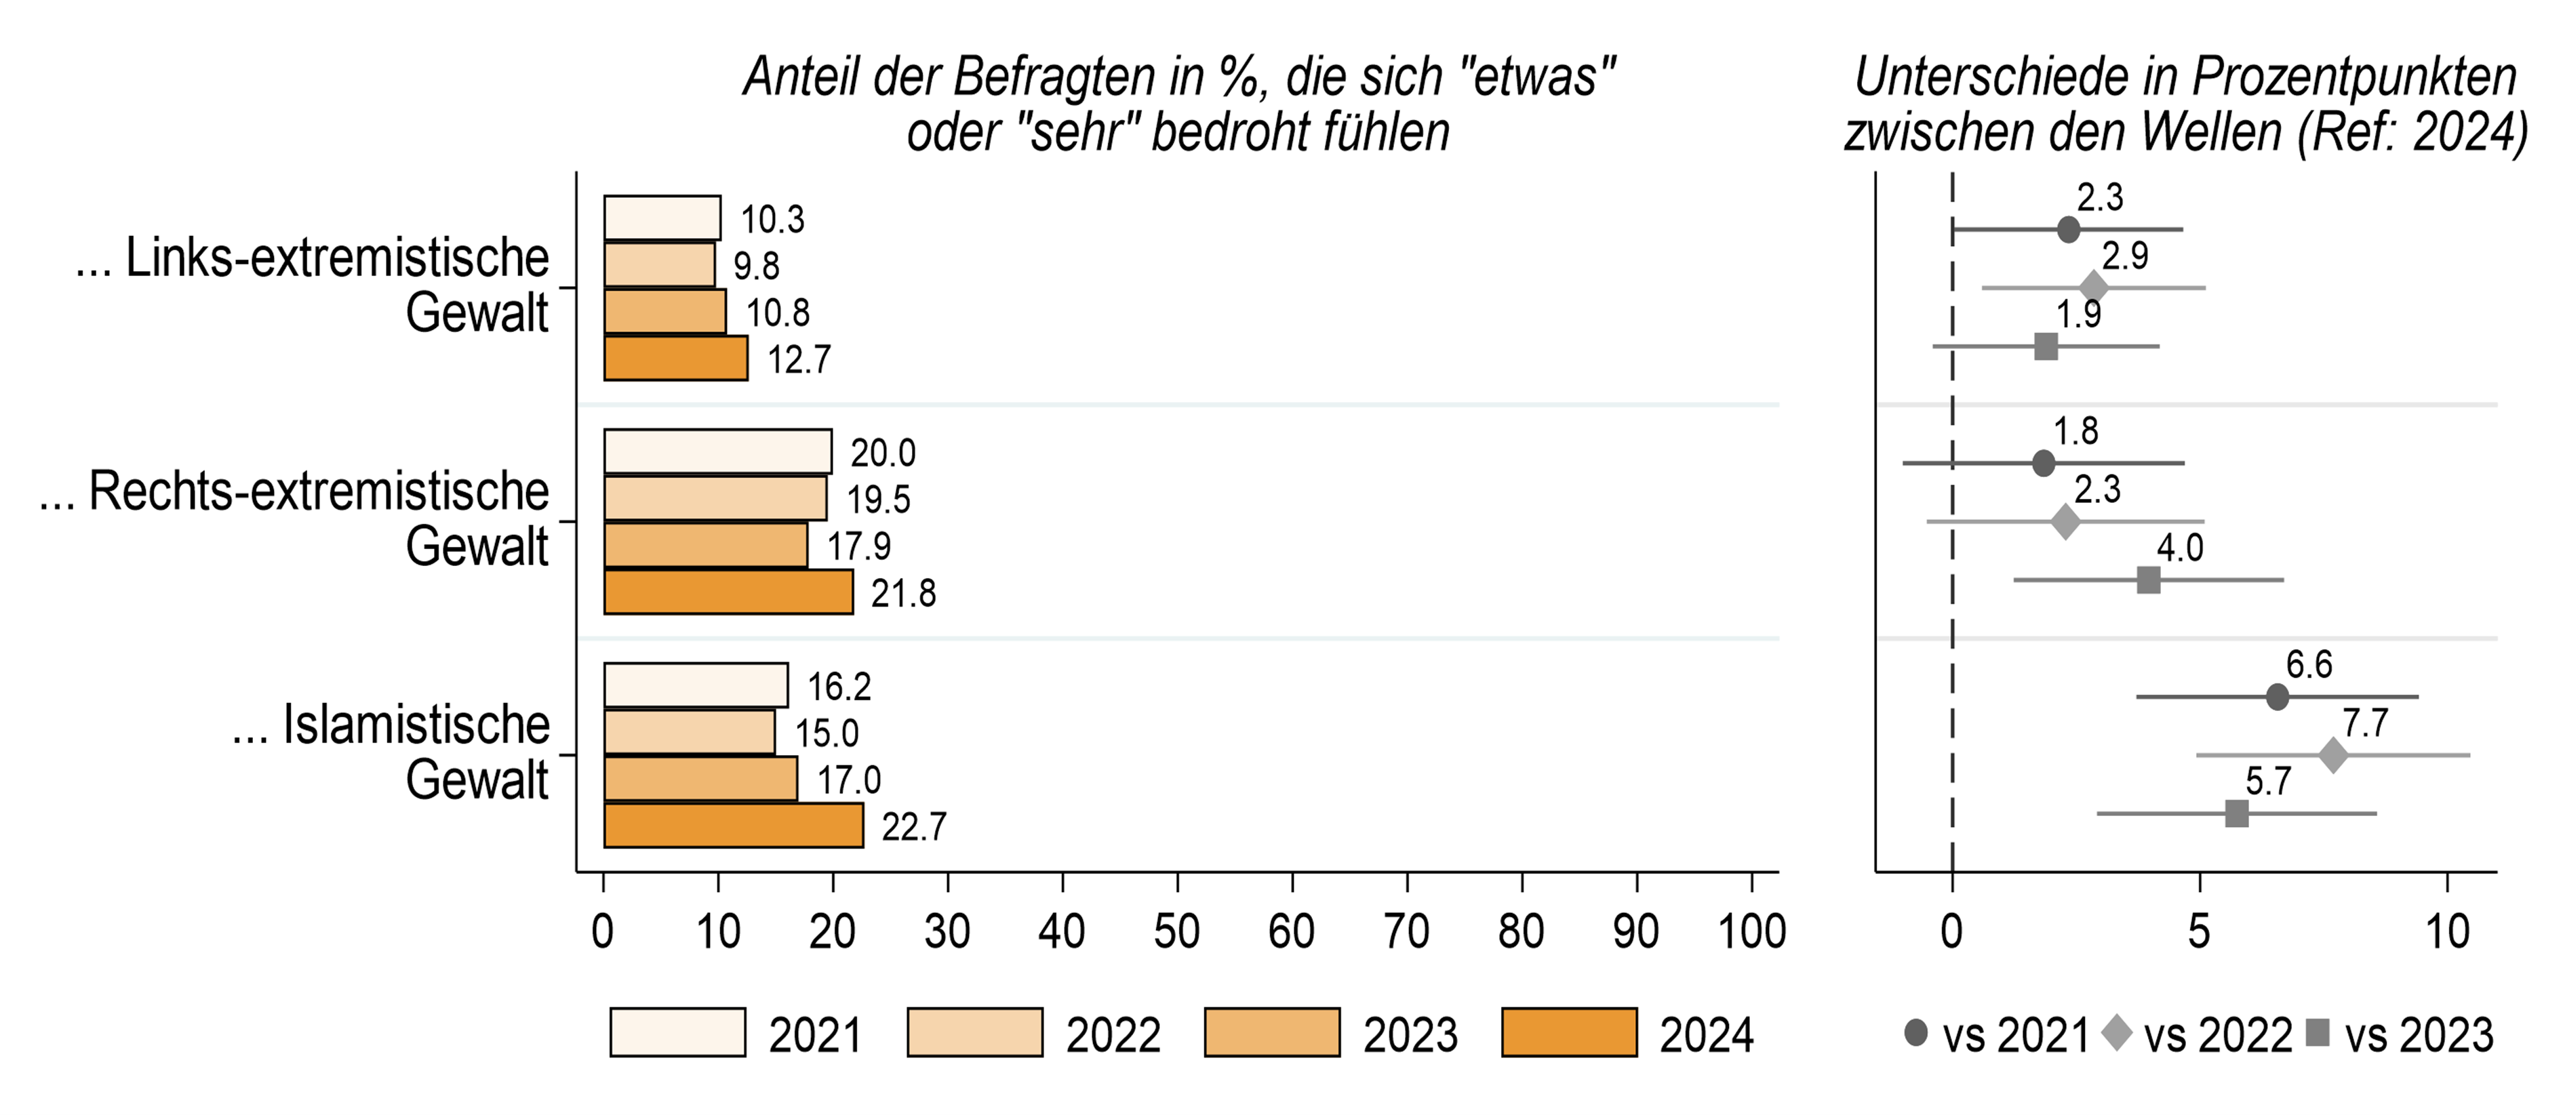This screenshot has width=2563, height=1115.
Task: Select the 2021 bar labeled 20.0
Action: [717, 451]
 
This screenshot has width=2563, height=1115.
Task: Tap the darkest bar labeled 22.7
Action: [733, 826]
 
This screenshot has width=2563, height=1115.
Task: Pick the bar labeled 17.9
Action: [705, 545]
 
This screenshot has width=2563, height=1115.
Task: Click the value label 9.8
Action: [756, 266]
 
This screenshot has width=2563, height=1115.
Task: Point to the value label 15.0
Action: [826, 733]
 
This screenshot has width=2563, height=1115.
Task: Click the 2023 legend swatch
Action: [1271, 1032]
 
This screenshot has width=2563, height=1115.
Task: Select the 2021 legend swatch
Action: [677, 1032]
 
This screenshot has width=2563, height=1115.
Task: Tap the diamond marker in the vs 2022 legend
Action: [2116, 1032]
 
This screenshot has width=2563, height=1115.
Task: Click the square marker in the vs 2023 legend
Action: [2318, 1032]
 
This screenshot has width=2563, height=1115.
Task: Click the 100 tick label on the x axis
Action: [1752, 932]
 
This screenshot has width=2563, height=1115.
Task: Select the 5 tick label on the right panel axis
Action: [2199, 932]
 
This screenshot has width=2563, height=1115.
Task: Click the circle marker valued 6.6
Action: [2278, 697]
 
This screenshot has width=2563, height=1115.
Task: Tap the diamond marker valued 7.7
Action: [2333, 755]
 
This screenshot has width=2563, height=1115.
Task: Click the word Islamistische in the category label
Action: [416, 724]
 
